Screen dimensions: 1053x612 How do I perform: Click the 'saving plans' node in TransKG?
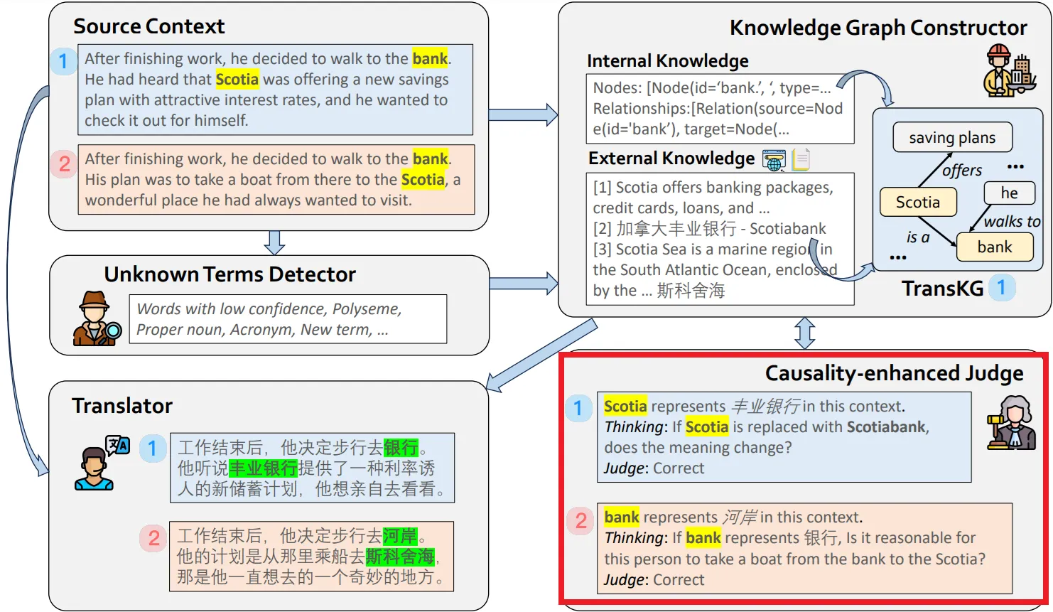(x=951, y=137)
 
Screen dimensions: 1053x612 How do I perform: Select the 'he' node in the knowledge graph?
(x=1009, y=193)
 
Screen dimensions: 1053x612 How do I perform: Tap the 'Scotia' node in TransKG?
(x=917, y=202)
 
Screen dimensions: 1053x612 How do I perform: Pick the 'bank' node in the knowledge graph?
(x=994, y=247)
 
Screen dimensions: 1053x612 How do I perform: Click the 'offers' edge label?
(x=961, y=171)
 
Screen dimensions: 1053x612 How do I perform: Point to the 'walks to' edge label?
(x=1011, y=221)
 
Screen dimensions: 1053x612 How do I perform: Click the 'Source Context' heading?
(x=148, y=26)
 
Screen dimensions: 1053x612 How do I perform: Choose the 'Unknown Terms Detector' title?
(x=229, y=274)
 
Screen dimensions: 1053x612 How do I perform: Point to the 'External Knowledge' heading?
(x=671, y=159)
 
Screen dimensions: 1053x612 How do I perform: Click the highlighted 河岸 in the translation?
(x=400, y=536)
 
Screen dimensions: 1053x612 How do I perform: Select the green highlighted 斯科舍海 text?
(x=399, y=557)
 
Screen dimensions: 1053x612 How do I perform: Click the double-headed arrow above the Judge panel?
(x=804, y=333)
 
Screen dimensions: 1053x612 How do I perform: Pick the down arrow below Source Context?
(x=274, y=242)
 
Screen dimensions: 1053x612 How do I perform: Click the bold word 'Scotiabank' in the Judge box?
(x=886, y=426)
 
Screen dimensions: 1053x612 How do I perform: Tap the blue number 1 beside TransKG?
(x=1001, y=288)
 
